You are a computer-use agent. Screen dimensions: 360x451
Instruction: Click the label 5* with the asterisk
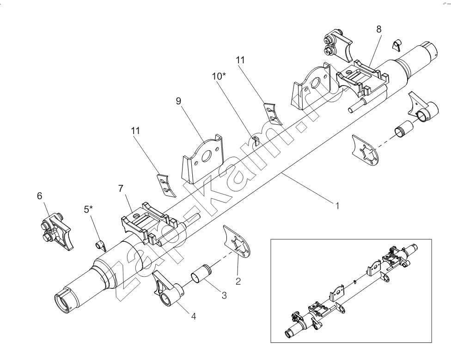[x=88, y=209]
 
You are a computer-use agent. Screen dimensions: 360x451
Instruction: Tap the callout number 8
[x=379, y=29]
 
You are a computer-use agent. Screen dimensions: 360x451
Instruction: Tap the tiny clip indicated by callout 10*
[x=255, y=139]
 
